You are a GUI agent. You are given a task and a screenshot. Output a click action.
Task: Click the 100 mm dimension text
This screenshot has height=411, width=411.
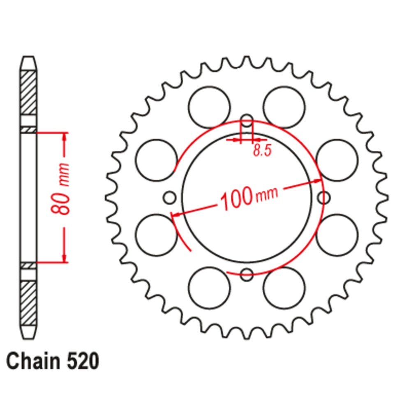pos(249,196)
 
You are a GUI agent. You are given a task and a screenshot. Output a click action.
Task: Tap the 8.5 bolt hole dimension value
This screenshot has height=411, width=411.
pos(262,150)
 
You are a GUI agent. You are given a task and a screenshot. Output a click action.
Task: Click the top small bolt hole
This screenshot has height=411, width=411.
pos(247,121)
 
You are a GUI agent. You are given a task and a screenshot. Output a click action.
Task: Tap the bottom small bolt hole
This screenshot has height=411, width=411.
pos(247,274)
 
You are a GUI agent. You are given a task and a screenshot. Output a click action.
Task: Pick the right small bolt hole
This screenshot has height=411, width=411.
pos(324,198)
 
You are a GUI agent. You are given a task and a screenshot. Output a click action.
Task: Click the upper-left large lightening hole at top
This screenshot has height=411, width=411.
pos(209,107)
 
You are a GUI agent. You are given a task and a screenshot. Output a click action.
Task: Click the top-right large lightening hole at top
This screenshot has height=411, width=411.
pos(284,107)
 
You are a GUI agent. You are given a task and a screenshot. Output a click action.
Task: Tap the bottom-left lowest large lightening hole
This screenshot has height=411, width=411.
pos(209,288)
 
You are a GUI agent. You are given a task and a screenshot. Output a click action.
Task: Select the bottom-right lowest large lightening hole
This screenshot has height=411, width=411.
pos(284,288)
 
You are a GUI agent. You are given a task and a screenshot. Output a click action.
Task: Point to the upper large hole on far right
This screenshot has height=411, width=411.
pos(337,160)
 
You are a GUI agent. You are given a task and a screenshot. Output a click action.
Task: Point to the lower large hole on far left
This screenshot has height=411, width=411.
pos(156,235)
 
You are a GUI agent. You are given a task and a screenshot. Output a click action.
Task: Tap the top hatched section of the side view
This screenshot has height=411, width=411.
pos(28,92)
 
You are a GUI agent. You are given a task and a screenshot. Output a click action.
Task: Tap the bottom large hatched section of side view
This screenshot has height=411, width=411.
pos(28,302)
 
